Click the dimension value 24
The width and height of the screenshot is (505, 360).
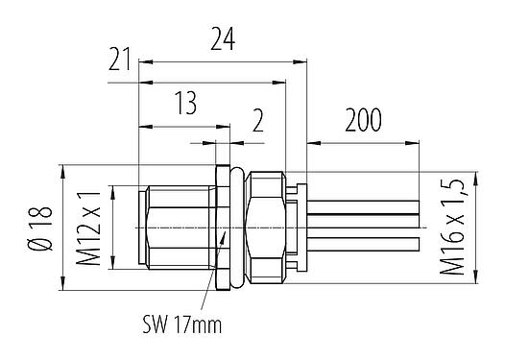click(x=222, y=37)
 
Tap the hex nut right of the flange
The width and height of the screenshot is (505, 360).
click(x=265, y=226)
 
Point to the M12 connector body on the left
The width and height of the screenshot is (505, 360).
click(x=178, y=226)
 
